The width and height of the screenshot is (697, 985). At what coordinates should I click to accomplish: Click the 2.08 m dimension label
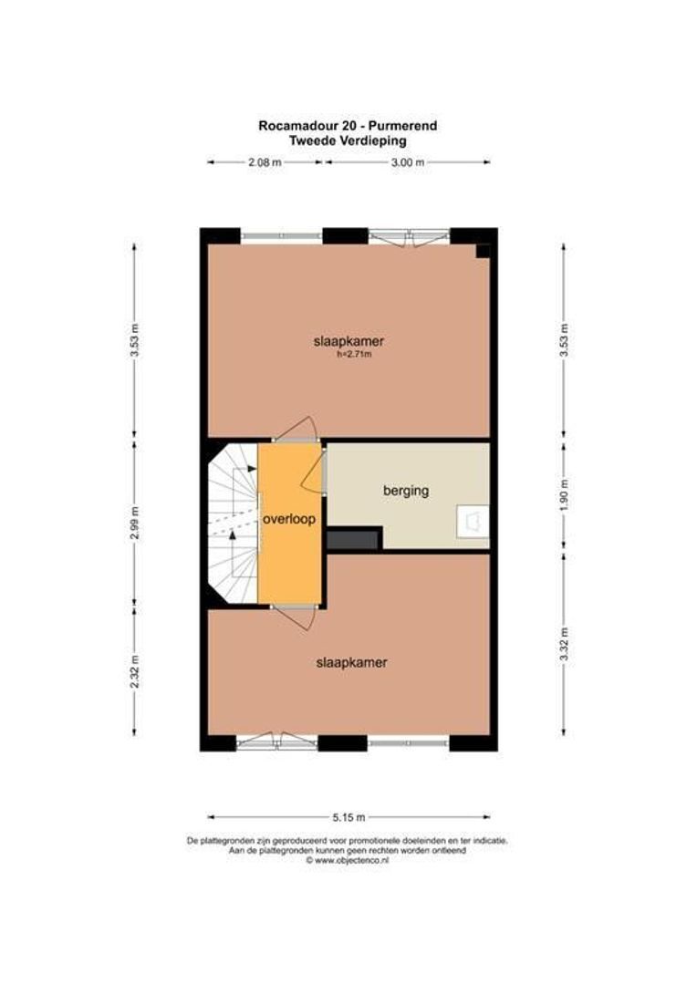pos(265,162)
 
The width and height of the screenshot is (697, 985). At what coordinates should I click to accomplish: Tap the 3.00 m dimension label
pos(407,162)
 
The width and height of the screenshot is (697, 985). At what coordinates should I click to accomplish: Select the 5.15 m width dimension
pos(348,817)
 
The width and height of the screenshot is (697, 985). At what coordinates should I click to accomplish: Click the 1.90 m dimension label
pos(564,495)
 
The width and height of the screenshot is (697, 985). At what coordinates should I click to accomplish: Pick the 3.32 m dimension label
pos(564,644)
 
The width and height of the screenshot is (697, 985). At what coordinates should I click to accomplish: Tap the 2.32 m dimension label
pos(134,671)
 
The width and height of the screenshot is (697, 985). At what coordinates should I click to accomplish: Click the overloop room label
pos(289,520)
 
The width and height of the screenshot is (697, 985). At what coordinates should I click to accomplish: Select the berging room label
pos(406,491)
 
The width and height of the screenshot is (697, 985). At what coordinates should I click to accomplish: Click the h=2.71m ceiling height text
pos(355,354)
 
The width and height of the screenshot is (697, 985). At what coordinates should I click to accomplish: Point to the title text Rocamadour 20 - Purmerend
pos(348,126)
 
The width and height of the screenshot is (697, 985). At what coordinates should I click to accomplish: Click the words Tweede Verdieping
pos(348,140)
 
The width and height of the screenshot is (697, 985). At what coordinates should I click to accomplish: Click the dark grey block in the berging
pos(354,539)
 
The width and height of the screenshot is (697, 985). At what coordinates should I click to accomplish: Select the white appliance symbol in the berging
pos(473,522)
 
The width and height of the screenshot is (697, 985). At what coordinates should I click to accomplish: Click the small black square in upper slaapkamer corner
pos(483,252)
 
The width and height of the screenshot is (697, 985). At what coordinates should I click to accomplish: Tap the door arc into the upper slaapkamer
pos(299,423)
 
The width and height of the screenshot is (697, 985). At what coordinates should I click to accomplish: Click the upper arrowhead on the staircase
pos(252,469)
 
